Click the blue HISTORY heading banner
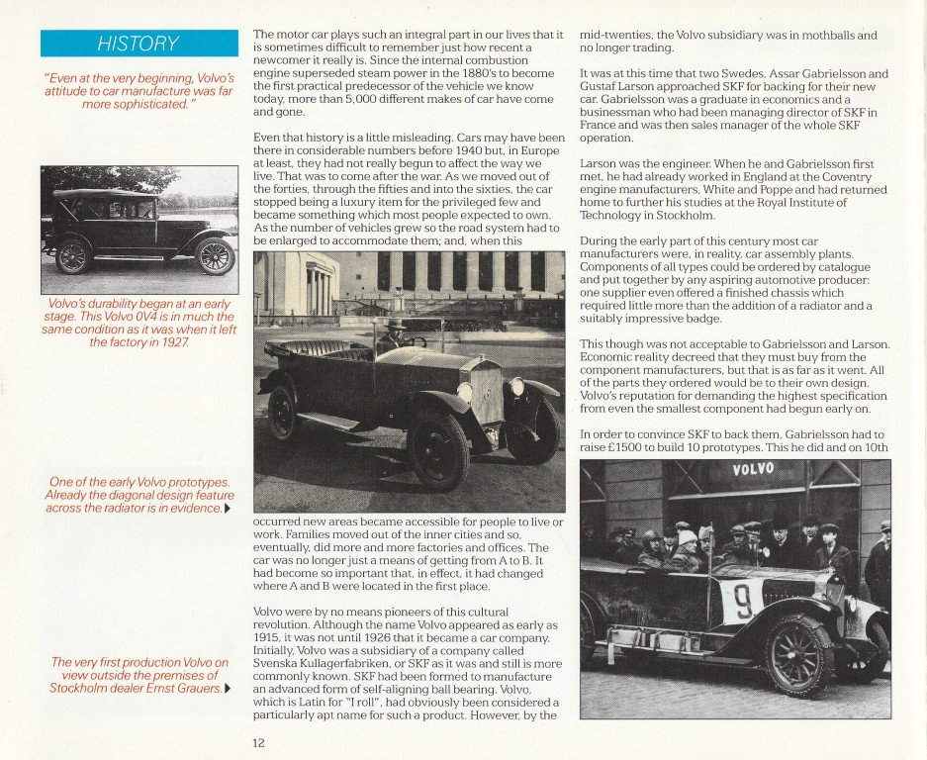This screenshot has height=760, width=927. [x=139, y=44]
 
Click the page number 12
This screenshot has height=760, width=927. [x=259, y=740]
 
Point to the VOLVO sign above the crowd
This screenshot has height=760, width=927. [x=754, y=470]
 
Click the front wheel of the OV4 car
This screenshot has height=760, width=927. [x=215, y=255]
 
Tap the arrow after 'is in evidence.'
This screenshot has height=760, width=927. [x=229, y=509]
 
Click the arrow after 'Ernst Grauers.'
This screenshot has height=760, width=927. [x=229, y=689]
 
